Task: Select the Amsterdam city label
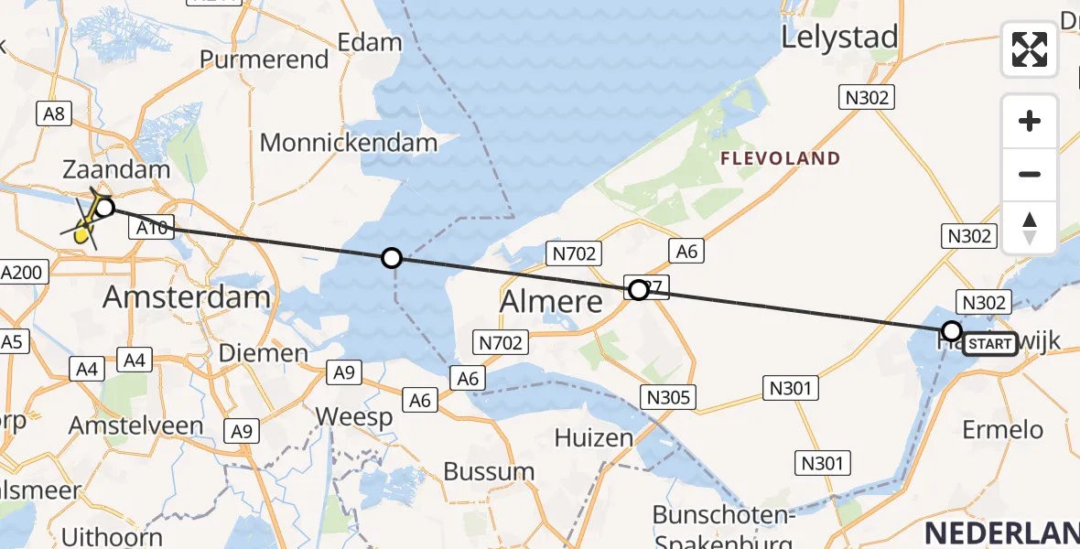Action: pos(187,296)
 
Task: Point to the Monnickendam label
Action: pos(349,143)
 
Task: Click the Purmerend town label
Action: pos(264,59)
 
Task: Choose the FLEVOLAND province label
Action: pos(780,158)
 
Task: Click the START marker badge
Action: pos(990,344)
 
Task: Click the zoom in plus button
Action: pos(1030,121)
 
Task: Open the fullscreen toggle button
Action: pos(1030,49)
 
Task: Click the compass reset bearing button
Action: pos(1030,227)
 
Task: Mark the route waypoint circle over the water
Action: pos(392,258)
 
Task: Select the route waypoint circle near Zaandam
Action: pos(104,208)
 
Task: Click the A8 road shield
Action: pos(53,113)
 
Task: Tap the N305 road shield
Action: pos(670,397)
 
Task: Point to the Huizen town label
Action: pos(595,438)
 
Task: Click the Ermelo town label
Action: pos(1003,429)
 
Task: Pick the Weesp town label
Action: pos(354,416)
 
